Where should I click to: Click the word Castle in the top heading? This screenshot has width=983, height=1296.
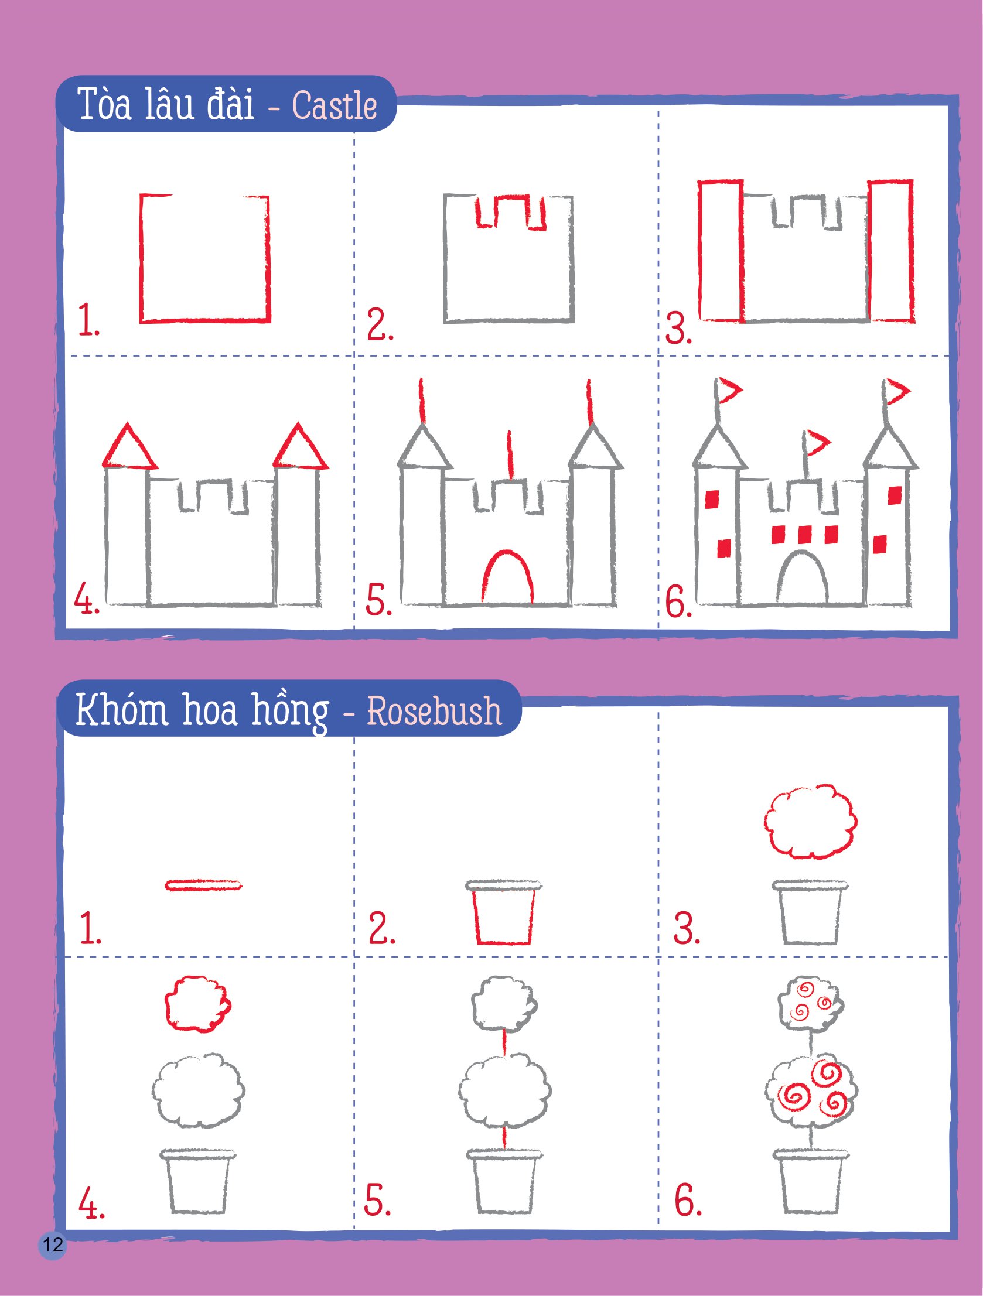click(334, 106)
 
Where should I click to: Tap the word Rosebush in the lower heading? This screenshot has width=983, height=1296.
click(434, 711)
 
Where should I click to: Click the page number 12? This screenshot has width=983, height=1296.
click(53, 1244)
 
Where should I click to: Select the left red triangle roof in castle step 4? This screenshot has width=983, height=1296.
click(129, 448)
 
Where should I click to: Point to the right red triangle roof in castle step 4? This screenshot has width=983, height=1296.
click(300, 448)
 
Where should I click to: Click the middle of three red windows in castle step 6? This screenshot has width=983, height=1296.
click(804, 534)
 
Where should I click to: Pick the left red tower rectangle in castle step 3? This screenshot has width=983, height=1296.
click(721, 251)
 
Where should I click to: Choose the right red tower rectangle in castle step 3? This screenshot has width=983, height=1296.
click(890, 251)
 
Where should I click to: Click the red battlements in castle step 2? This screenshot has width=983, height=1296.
click(510, 211)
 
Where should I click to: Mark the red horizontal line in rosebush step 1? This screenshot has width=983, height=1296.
click(203, 885)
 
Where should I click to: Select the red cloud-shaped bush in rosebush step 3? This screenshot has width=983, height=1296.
click(810, 822)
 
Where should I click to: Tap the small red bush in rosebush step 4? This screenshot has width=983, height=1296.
click(197, 1004)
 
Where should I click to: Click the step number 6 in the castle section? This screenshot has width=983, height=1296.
click(678, 601)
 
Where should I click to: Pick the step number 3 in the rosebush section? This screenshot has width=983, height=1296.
click(686, 928)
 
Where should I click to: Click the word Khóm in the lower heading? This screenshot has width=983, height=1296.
click(121, 710)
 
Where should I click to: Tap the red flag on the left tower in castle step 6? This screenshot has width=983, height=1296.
click(728, 390)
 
